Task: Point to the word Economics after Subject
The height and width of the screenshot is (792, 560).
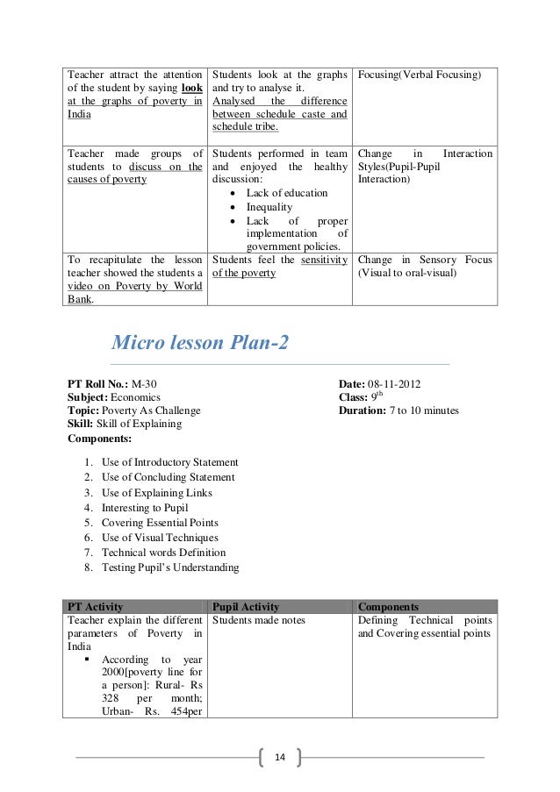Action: (135, 396)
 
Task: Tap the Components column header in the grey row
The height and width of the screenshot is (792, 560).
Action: (388, 606)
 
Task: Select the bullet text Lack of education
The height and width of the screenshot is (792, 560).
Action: (287, 193)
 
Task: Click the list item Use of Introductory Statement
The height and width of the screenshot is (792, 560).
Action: (169, 462)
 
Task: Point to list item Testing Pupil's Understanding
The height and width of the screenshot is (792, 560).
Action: (169, 567)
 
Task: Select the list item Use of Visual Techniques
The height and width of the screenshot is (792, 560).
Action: (160, 538)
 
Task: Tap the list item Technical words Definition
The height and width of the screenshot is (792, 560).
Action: (163, 553)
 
